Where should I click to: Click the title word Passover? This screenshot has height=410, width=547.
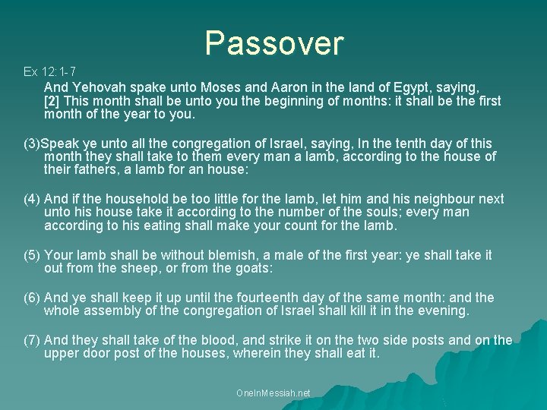pyautogui.click(x=273, y=43)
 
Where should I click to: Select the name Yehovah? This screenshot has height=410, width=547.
pyautogui.click(x=97, y=87)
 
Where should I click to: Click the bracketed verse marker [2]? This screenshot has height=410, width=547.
pyautogui.click(x=52, y=101)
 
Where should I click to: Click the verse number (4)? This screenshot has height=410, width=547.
pyautogui.click(x=32, y=199)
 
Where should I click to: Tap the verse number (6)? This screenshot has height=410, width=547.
pyautogui.click(x=32, y=298)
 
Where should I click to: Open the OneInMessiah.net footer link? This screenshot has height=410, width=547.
pyautogui.click(x=273, y=393)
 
